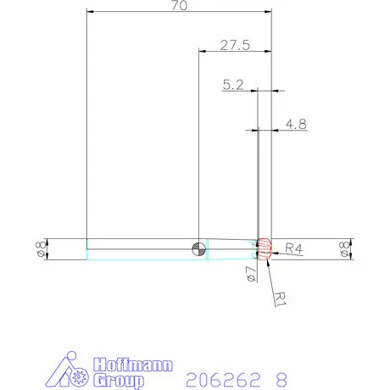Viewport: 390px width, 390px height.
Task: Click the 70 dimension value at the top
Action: pyautogui.click(x=179, y=6)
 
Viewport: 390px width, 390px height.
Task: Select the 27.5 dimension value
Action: pyautogui.click(x=235, y=46)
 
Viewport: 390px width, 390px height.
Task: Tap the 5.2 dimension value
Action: pyautogui.click(x=234, y=85)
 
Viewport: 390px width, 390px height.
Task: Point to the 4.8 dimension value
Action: pyautogui.click(x=296, y=124)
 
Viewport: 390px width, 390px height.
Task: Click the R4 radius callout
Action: pyautogui.click(x=293, y=248)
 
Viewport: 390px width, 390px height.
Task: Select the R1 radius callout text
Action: pyautogui.click(x=281, y=296)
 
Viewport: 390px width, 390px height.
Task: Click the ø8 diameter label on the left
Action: pyautogui.click(x=38, y=249)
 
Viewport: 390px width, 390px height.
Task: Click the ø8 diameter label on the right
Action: pyautogui.click(x=344, y=249)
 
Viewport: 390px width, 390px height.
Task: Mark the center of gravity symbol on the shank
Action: pyautogui.click(x=198, y=248)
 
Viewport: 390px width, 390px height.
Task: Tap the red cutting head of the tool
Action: pyautogui.click(x=265, y=248)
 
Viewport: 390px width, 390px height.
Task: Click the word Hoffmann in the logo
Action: pyautogui.click(x=131, y=365)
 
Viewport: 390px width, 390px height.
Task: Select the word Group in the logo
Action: pyautogui.click(x=115, y=381)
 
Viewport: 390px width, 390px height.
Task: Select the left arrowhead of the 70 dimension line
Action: pyautogui.click(x=90, y=12)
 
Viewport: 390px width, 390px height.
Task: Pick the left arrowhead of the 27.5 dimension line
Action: pyautogui.click(x=201, y=52)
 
